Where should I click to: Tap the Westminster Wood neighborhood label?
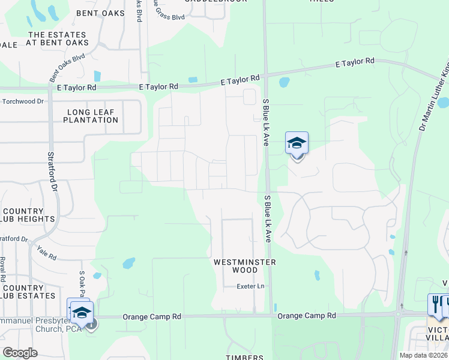pyautogui.click(x=245, y=266)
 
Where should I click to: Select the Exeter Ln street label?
pyautogui.click(x=250, y=286)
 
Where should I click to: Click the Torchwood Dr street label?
pyautogui.click(x=23, y=101)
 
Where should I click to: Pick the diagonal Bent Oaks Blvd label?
pyautogui.click(x=67, y=67)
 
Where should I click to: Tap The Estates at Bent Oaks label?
pyautogui.click(x=58, y=39)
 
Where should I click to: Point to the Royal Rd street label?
pyautogui.click(x=3, y=269)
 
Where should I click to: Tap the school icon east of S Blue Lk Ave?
pyautogui.click(x=297, y=144)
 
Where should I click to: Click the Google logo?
pyautogui.click(x=20, y=353)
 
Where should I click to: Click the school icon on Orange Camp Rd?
pyautogui.click(x=82, y=312)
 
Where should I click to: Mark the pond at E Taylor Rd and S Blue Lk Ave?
pyautogui.click(x=283, y=82)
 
